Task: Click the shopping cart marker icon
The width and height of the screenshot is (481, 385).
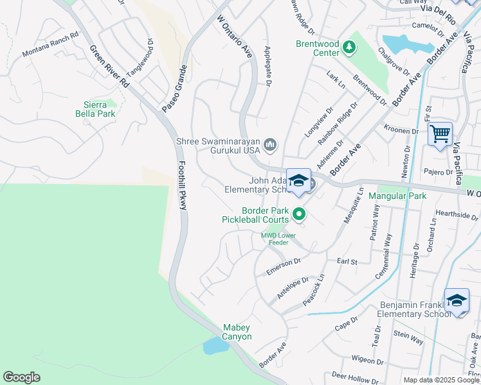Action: tap(440, 134)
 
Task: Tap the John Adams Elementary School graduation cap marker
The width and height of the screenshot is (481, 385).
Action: tap(299, 181)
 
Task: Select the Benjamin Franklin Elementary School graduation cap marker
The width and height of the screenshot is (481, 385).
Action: tap(457, 300)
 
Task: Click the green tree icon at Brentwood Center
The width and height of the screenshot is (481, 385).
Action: tap(349, 46)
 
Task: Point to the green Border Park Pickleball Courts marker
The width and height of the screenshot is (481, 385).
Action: tap(298, 214)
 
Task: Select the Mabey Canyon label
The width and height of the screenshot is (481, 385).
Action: tap(237, 332)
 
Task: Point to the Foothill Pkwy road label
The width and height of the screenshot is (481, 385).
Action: tap(182, 187)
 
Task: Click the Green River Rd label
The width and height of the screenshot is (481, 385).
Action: tap(109, 66)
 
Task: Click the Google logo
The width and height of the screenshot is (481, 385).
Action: tap(22, 377)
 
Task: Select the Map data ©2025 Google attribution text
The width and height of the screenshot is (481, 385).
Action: tap(441, 380)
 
